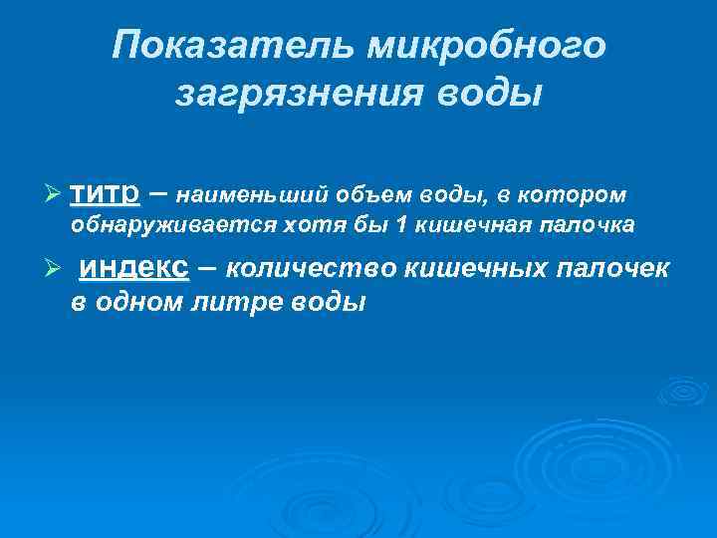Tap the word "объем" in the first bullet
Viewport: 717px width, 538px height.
click(x=342, y=196)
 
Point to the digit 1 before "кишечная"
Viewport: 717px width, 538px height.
click(x=401, y=225)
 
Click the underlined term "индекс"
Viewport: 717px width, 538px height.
click(x=132, y=268)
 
